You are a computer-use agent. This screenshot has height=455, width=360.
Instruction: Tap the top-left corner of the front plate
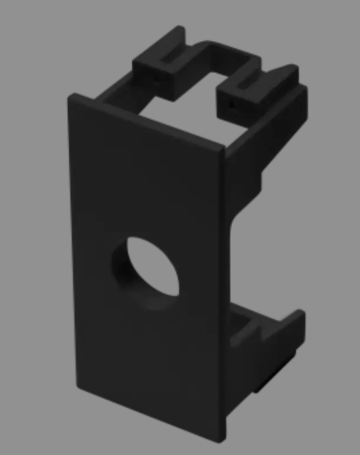pos(69,96)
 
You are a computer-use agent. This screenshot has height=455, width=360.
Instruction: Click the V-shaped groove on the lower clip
pos(257,330)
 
